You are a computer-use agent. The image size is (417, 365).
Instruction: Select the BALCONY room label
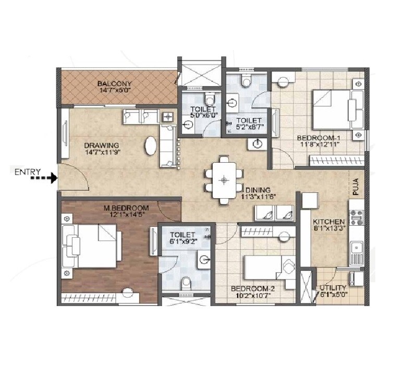click(114, 83)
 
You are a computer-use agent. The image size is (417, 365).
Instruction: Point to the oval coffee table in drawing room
click(150, 145)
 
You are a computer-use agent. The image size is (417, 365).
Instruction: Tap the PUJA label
click(357, 187)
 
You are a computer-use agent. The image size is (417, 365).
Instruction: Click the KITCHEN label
click(328, 221)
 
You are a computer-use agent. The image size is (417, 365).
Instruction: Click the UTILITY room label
click(334, 288)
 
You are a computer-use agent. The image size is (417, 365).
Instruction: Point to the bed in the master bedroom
click(94, 245)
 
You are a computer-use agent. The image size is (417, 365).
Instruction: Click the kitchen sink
click(357, 252)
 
